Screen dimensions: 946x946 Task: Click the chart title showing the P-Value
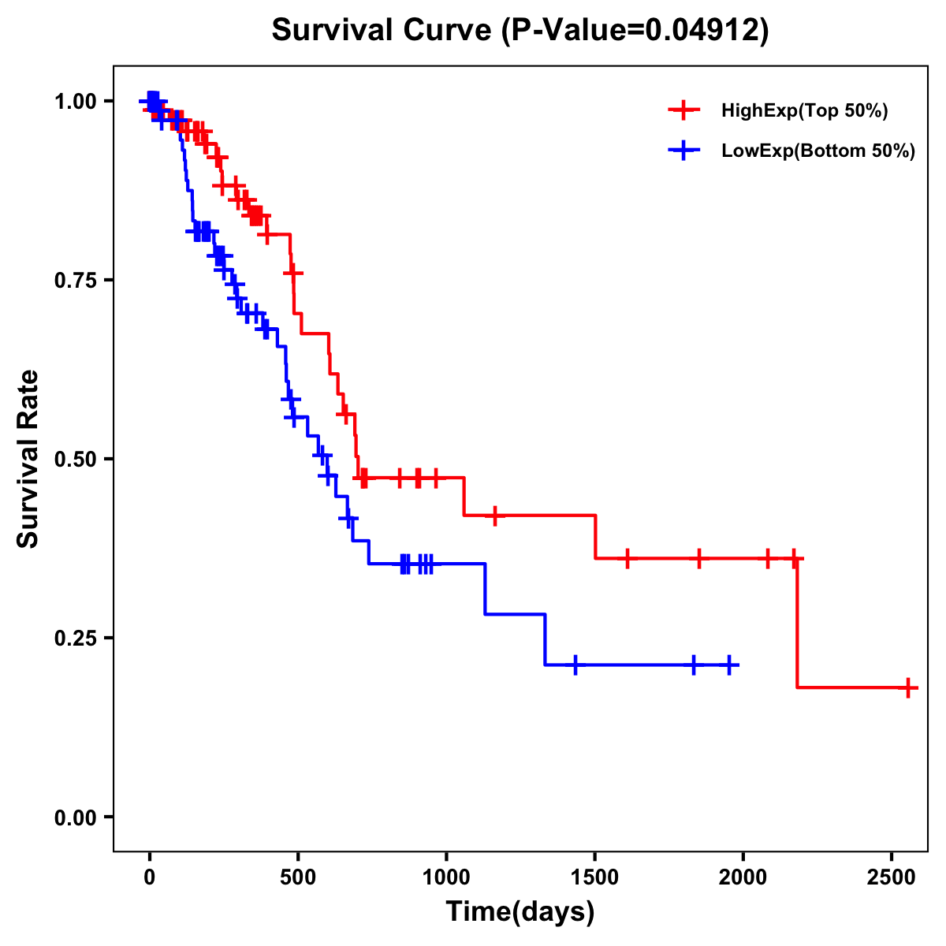[520, 30]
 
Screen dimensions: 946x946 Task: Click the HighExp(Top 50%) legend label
[804, 111]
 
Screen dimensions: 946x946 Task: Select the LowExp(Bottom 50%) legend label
[818, 151]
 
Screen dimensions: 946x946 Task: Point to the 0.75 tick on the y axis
[75, 280]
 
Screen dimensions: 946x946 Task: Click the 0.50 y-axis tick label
[75, 459]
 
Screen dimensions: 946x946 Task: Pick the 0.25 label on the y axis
[75, 638]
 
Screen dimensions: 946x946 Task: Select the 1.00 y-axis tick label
[75, 101]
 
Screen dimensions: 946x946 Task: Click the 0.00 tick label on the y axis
[75, 817]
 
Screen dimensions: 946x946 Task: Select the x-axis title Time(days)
[520, 912]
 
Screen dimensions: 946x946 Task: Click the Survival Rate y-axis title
[28, 458]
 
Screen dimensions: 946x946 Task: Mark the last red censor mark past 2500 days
[908, 687]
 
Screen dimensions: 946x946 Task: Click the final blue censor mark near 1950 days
[729, 665]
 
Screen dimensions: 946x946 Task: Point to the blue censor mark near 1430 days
[575, 665]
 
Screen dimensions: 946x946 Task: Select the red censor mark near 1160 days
[494, 516]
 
